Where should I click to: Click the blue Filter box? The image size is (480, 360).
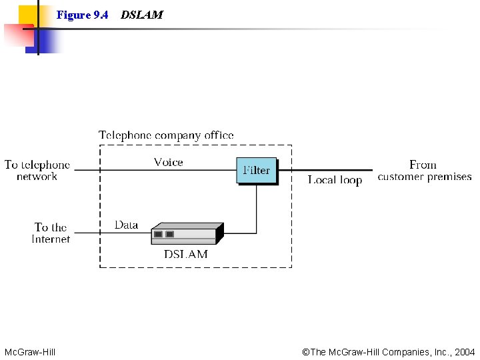click(256, 171)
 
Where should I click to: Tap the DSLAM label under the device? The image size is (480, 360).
click(186, 254)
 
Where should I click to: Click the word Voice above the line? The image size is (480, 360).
click(168, 162)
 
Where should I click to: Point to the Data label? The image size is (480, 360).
click(126, 225)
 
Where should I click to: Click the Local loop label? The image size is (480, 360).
click(335, 180)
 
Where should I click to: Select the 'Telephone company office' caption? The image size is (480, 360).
click(166, 135)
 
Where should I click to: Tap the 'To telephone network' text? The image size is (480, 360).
click(37, 171)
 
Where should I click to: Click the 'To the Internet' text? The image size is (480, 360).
click(51, 233)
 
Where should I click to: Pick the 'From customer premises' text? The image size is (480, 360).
click(424, 171)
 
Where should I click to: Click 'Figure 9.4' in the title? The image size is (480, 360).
click(82, 15)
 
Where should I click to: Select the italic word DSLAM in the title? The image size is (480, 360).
click(141, 15)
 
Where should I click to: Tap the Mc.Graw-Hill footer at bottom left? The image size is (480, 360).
click(30, 352)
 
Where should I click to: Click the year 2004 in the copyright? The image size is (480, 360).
click(464, 352)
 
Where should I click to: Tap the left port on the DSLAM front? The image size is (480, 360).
click(158, 234)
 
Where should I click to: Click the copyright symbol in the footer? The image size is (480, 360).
click(306, 352)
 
